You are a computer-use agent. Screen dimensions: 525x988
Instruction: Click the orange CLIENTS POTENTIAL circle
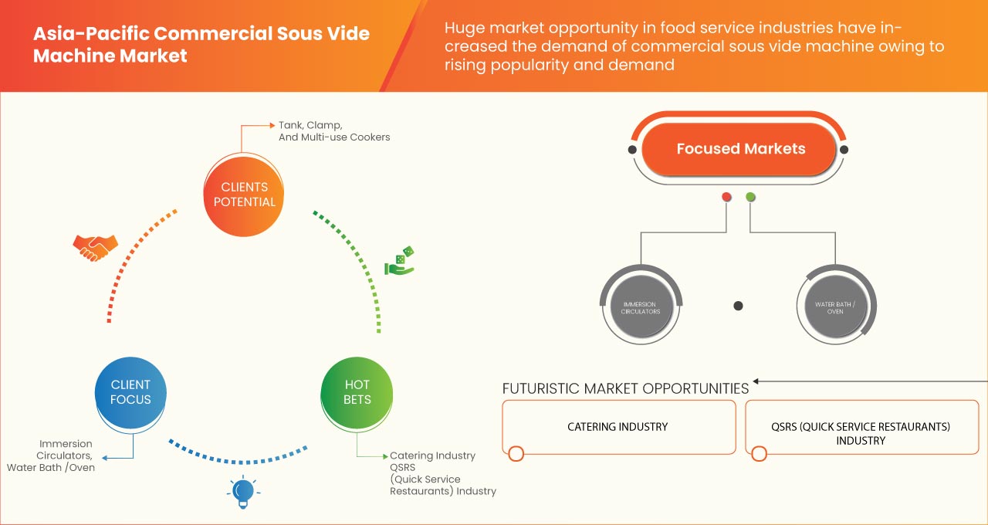pyautogui.click(x=243, y=195)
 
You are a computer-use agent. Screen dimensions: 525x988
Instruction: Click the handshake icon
pyautogui.click(x=95, y=246)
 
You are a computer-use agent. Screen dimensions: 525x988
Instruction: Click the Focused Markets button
pyautogui.click(x=740, y=149)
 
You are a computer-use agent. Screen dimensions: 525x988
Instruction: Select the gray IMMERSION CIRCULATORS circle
pyautogui.click(x=641, y=307)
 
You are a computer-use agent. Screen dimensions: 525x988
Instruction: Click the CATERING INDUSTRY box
pyautogui.click(x=618, y=426)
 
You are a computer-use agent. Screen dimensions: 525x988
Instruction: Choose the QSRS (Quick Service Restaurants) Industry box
pyautogui.click(x=860, y=433)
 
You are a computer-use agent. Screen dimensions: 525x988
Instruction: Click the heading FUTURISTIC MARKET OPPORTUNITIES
pyautogui.click(x=625, y=388)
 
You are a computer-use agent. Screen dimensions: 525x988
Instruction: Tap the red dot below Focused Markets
pyautogui.click(x=726, y=198)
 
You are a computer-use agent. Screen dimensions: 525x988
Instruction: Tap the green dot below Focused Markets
pyautogui.click(x=750, y=198)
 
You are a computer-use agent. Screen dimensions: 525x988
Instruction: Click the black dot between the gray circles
pyautogui.click(x=738, y=306)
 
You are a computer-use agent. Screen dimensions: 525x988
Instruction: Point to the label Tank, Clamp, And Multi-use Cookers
pyautogui.click(x=333, y=130)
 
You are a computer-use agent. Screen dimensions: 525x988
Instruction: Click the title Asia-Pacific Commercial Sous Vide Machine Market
pyautogui.click(x=201, y=45)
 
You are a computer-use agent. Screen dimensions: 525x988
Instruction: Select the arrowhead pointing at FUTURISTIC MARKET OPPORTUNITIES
pyautogui.click(x=757, y=381)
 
